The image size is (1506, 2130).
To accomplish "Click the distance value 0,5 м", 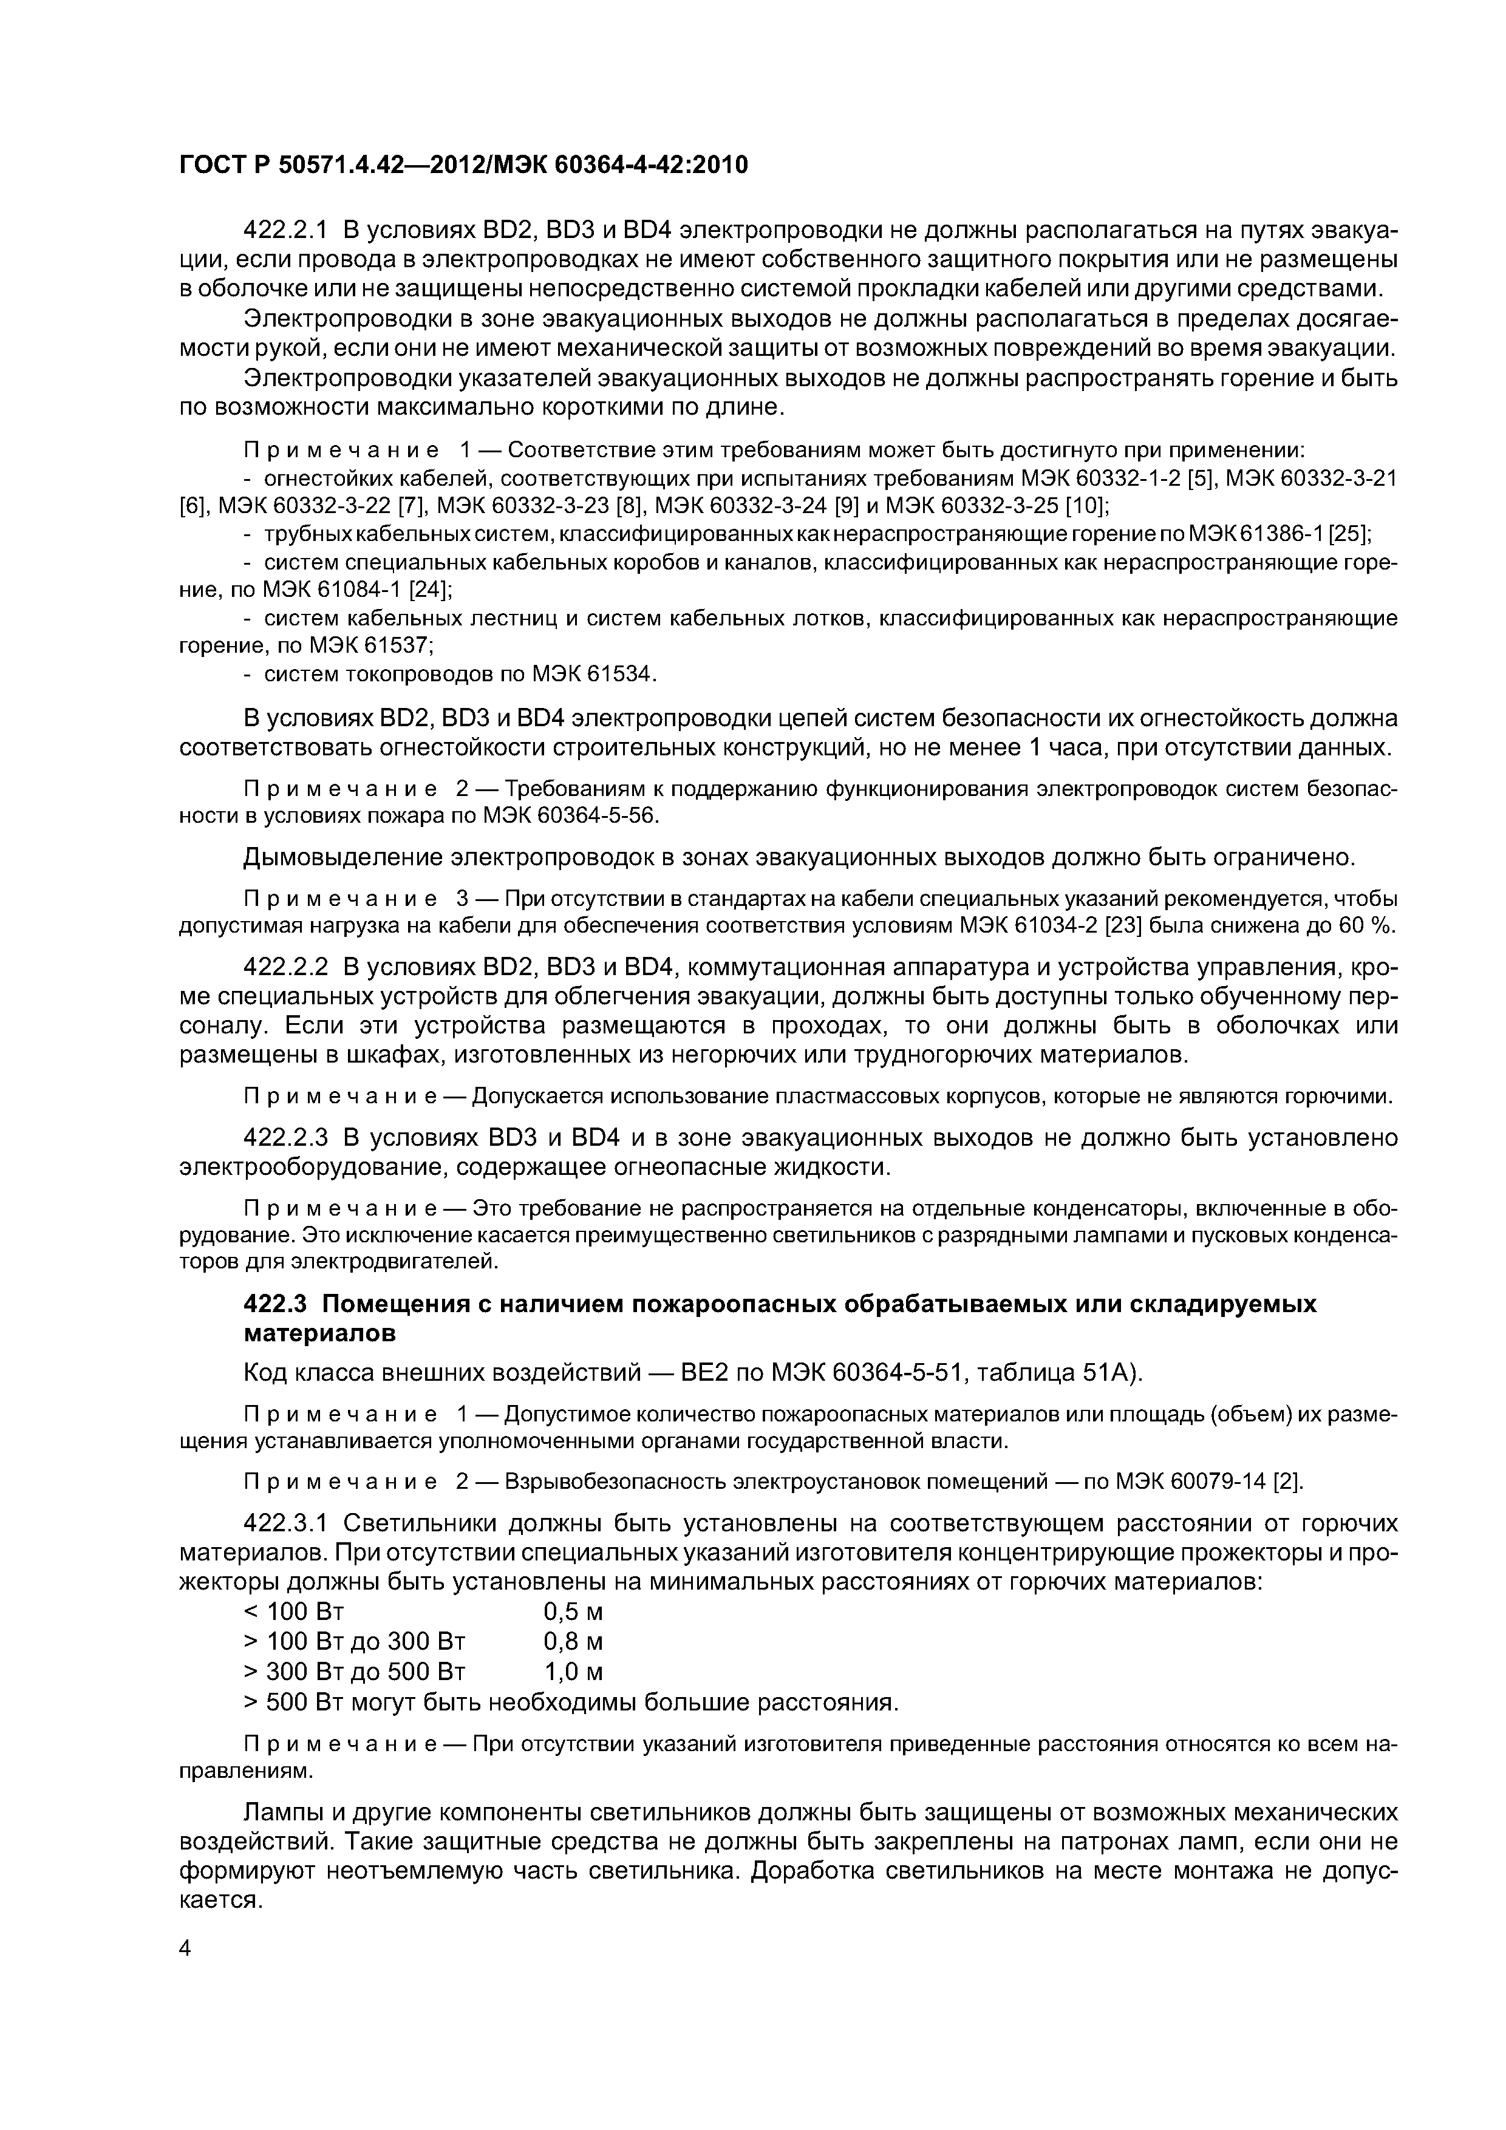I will pos(573,1611).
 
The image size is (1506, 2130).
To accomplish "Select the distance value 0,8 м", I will pos(573,1642).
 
